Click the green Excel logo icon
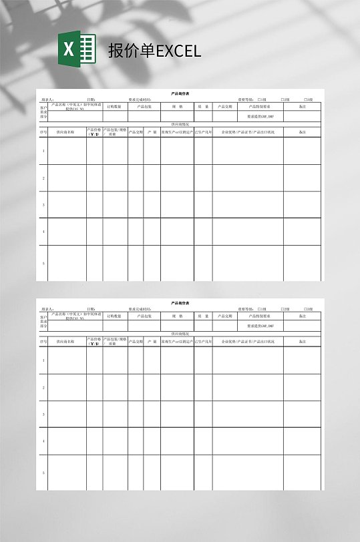(76, 50)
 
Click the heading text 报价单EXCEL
(154, 51)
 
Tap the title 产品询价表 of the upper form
(180, 93)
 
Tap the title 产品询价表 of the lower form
(180, 303)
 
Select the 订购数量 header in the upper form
(114, 106)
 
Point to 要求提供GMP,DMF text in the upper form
(260, 116)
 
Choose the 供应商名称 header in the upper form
(65, 132)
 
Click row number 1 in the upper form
(43, 151)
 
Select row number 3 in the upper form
(43, 205)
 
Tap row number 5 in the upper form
(43, 263)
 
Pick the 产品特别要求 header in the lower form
(259, 316)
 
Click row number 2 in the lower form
(43, 388)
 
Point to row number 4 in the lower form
(43, 441)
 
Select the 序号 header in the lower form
(43, 342)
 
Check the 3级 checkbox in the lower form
(306, 309)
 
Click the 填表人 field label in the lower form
(48, 309)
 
